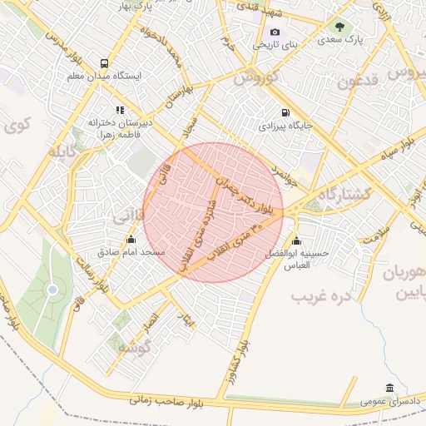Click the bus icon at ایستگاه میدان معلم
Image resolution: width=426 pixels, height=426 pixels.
(x=104, y=63)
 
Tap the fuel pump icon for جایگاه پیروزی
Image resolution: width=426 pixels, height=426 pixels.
(x=285, y=112)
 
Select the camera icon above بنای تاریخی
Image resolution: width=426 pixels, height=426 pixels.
(x=275, y=32)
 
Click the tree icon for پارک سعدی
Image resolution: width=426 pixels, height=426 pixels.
(x=339, y=26)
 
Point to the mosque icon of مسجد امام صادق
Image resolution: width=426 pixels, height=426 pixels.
(x=130, y=240)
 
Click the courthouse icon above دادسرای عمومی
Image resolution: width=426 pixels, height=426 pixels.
(x=389, y=388)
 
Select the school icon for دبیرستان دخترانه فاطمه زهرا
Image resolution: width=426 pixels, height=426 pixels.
(x=121, y=109)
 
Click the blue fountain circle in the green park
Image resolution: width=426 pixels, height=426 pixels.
(x=53, y=290)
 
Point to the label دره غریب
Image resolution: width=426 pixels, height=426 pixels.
(x=319, y=295)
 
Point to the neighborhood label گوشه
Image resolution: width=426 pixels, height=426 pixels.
(x=132, y=346)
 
